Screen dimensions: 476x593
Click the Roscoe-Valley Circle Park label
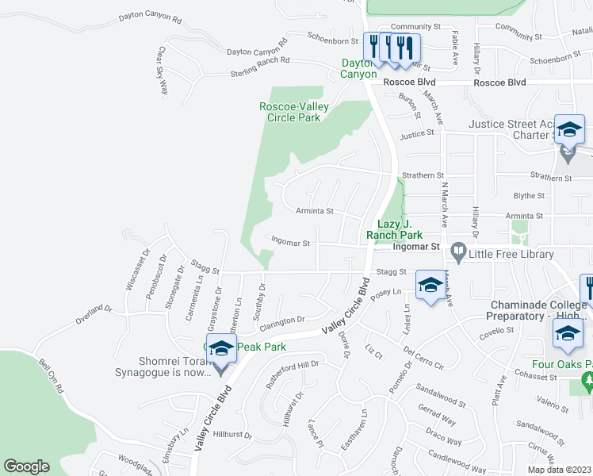[289, 112]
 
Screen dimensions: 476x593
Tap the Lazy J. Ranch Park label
[394, 230]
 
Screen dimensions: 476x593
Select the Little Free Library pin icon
[457, 254]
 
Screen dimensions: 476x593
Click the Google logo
[27, 466]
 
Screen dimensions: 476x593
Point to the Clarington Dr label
[279, 321]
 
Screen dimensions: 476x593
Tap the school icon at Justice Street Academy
[569, 129]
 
